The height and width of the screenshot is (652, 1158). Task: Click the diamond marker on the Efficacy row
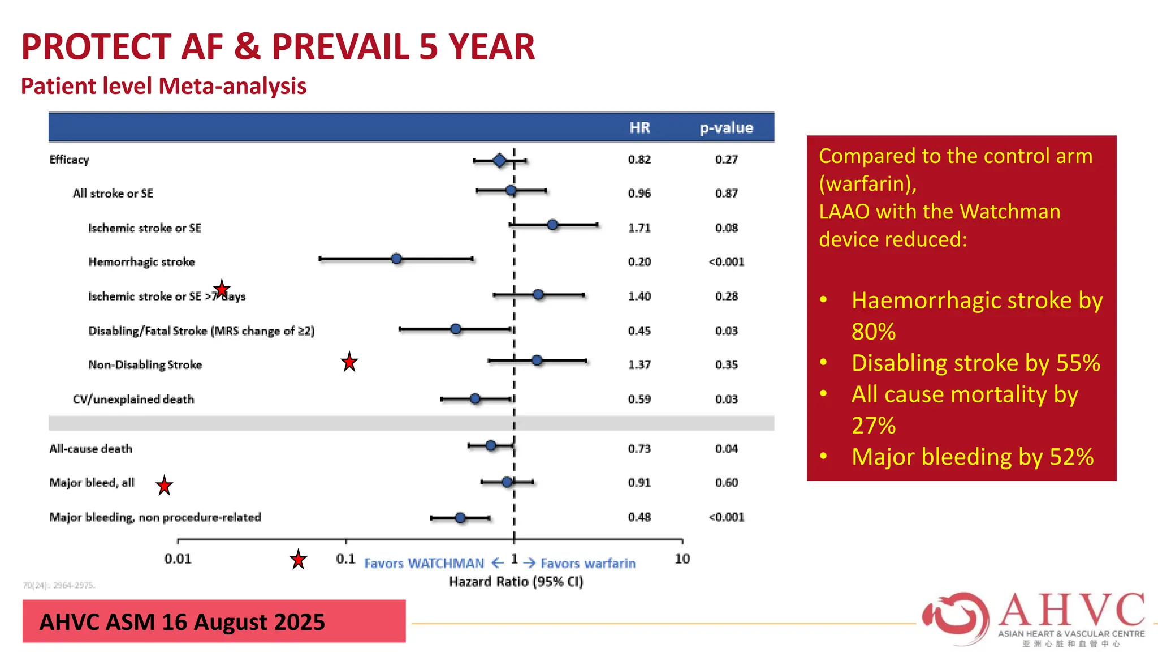(x=499, y=161)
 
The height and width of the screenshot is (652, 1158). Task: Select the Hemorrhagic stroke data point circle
(x=396, y=259)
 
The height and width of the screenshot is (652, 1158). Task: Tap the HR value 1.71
(x=639, y=228)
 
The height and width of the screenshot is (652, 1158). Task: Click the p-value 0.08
(x=726, y=228)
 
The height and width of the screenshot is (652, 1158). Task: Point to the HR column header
(x=640, y=128)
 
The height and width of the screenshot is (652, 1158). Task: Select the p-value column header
(x=726, y=128)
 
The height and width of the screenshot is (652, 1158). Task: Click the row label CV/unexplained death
(x=133, y=400)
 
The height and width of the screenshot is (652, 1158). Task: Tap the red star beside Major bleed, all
(x=165, y=486)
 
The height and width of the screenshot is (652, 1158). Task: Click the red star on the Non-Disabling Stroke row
(x=349, y=362)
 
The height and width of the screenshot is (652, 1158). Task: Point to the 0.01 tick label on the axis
(x=178, y=559)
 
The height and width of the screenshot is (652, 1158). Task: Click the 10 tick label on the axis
(x=682, y=559)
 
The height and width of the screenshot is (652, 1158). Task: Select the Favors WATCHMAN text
(x=424, y=564)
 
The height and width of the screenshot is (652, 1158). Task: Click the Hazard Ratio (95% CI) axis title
(x=515, y=582)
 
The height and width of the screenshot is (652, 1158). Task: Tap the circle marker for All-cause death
(x=491, y=445)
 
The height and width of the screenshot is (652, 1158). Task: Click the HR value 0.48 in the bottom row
(x=639, y=517)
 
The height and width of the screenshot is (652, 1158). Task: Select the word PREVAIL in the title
(x=340, y=47)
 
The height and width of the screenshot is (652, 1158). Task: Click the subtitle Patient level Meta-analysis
(x=163, y=87)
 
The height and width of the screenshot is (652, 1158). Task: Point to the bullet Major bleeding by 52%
(x=972, y=457)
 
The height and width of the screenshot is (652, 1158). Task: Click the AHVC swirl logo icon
(x=956, y=618)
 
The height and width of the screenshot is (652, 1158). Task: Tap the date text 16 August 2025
(x=243, y=622)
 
